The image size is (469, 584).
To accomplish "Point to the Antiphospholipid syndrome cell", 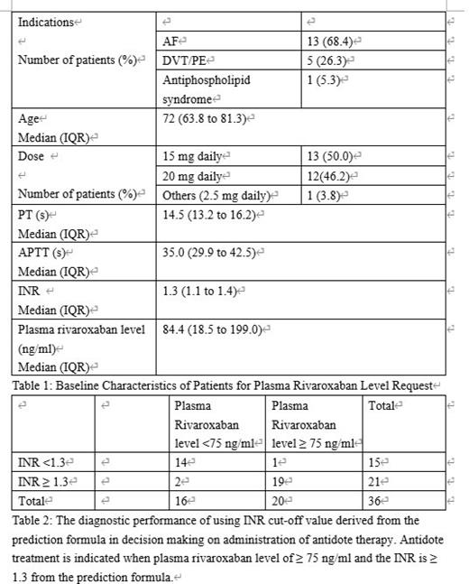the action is click(207, 89).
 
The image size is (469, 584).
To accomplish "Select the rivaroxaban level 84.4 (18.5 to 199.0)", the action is click(215, 329).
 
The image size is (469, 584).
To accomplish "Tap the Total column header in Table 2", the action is click(384, 406).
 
